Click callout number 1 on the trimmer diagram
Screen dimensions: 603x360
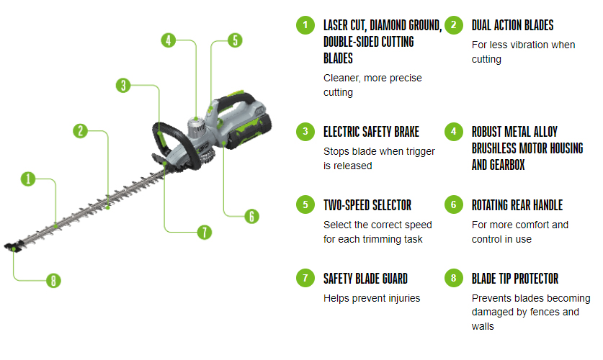point(28,179)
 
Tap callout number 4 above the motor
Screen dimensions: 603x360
point(169,40)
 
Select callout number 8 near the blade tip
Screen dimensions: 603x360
point(53,281)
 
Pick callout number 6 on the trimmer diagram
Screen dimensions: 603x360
point(252,216)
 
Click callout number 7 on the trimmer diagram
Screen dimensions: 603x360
point(205,232)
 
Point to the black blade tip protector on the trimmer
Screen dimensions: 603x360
point(13,247)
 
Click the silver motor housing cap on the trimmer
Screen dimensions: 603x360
point(197,127)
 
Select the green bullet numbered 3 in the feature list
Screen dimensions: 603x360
point(305,131)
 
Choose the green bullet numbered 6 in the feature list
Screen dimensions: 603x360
point(454,204)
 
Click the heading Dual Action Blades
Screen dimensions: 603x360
point(513,25)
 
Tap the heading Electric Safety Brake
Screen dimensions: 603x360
point(371,132)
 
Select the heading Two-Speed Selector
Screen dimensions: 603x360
point(367,205)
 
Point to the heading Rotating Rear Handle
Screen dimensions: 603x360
point(517,205)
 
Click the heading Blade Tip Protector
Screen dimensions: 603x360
point(515,279)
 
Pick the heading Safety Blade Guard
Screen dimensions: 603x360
point(365,279)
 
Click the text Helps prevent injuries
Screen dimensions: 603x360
point(372,298)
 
